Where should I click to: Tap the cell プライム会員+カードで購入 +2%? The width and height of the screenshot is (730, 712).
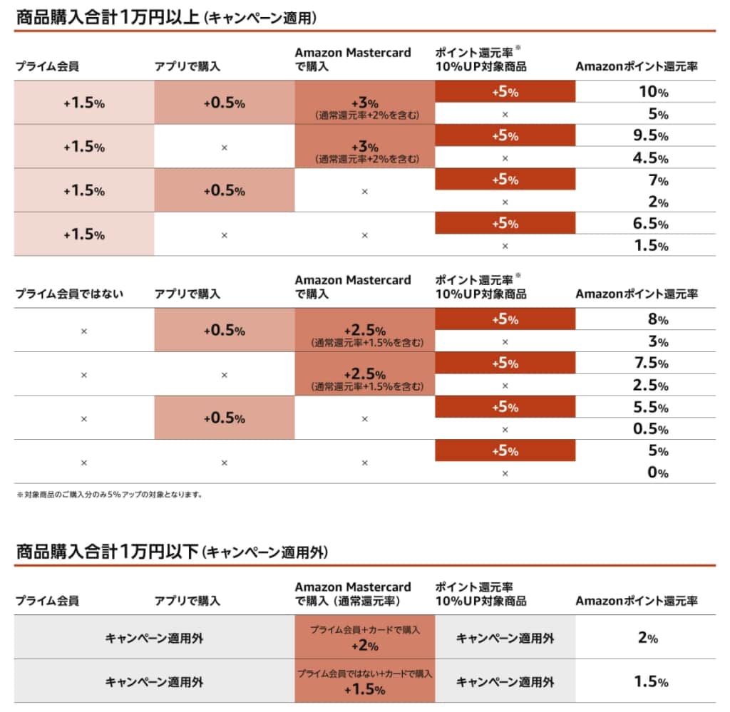pos(364,637)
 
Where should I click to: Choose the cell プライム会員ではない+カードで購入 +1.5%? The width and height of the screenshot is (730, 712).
pos(364,681)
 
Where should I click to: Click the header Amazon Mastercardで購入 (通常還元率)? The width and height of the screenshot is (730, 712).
pos(353,594)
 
